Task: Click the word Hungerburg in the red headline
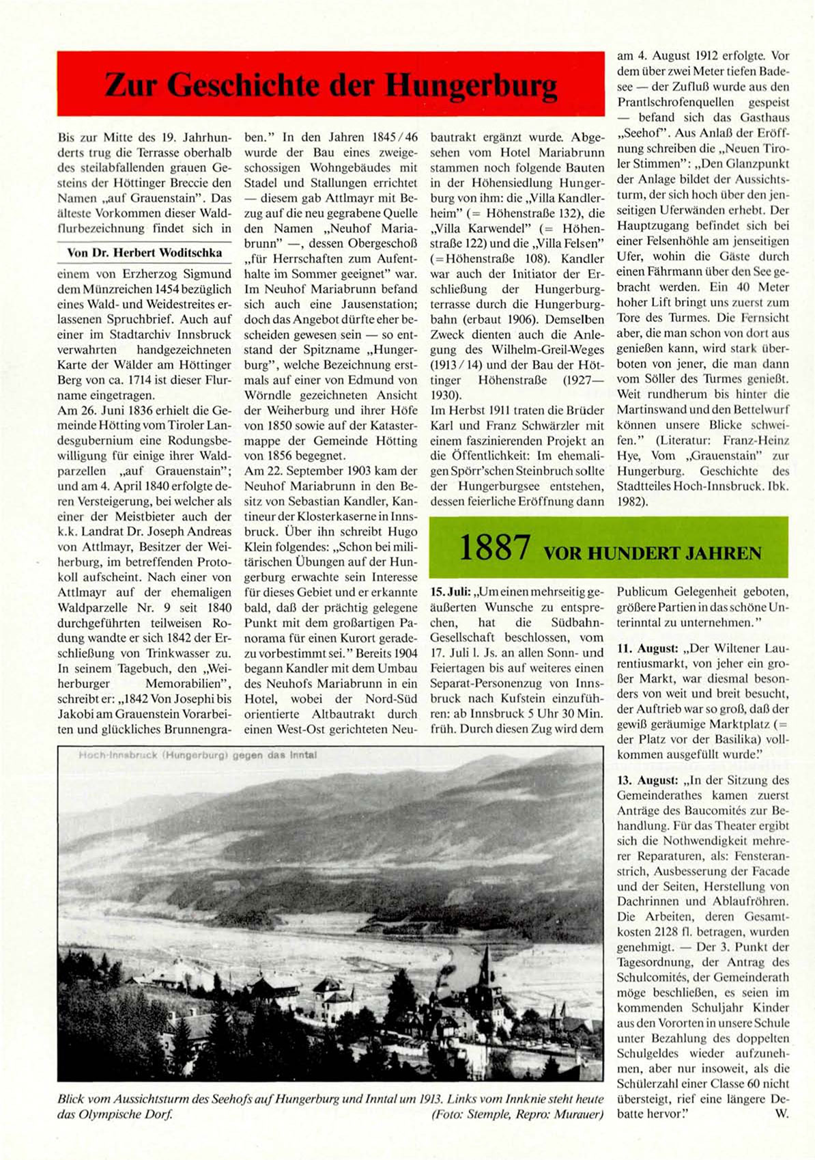[471, 85]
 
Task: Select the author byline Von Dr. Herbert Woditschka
[144, 253]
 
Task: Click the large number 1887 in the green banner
[495, 548]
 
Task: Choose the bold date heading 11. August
[647, 648]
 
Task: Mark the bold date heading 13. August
[647, 780]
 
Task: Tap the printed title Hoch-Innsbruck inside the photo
[119, 756]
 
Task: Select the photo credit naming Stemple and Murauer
[517, 1114]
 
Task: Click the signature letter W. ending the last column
[782, 1114]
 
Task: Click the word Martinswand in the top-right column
[651, 410]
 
